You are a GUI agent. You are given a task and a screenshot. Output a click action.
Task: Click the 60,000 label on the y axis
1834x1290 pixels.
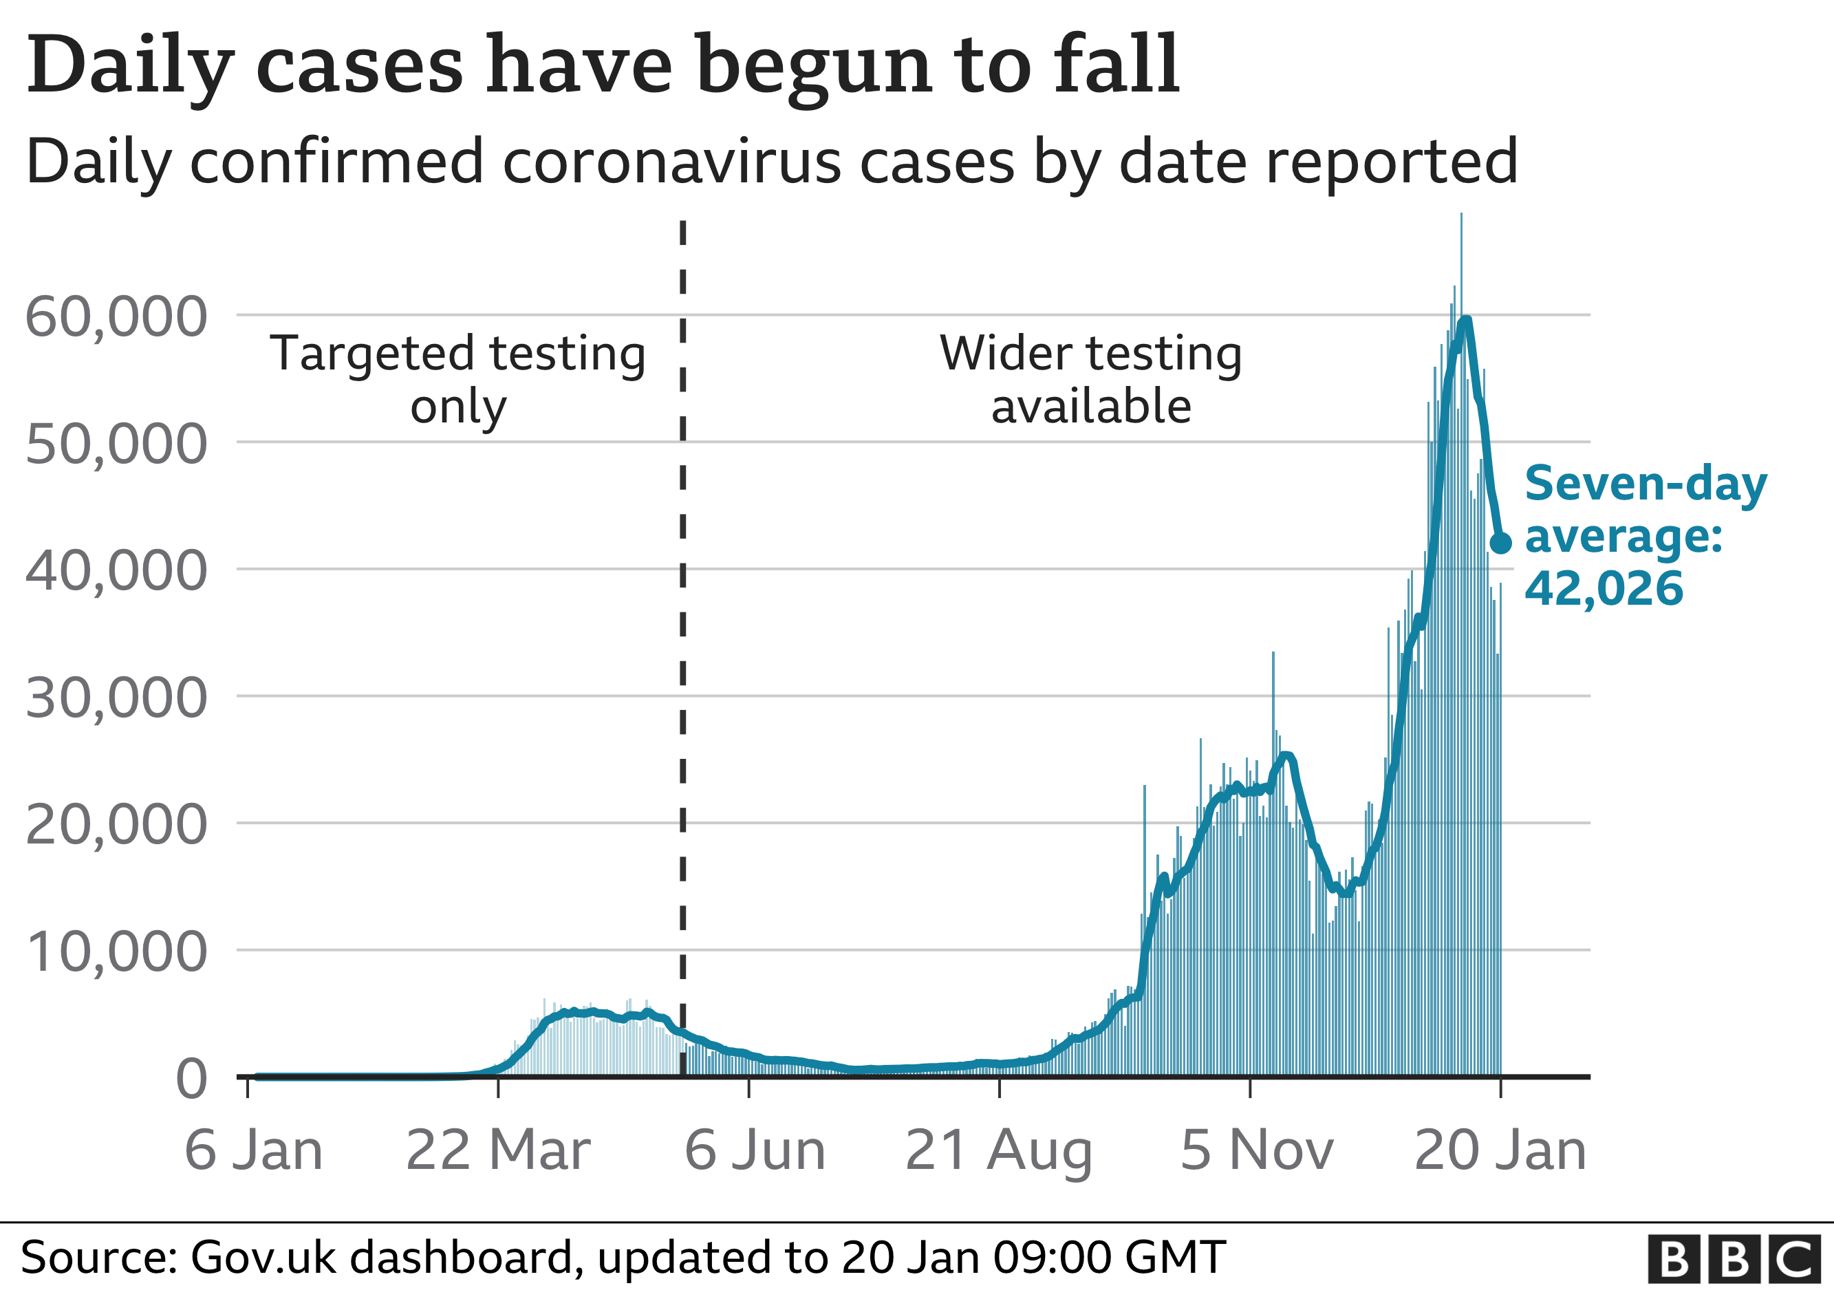pos(117,318)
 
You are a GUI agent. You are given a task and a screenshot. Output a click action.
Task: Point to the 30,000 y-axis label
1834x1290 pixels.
pos(117,699)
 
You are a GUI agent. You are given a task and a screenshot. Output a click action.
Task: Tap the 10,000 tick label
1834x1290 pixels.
pos(117,953)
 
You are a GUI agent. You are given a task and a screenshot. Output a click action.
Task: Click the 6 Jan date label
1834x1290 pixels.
pos(254,1151)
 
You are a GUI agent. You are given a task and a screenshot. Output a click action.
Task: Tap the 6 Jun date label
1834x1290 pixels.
pos(755,1151)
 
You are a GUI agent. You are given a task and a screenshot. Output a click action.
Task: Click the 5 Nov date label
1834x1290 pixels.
pos(1256,1151)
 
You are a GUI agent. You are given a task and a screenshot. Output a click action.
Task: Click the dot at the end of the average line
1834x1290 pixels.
pos(1501,543)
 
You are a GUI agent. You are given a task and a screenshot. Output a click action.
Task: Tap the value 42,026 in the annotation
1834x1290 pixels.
pos(1604,589)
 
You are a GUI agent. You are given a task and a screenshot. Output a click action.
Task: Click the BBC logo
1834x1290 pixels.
pos(1734,1260)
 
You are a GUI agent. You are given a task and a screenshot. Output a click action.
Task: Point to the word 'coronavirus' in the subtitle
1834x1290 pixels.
pos(671,162)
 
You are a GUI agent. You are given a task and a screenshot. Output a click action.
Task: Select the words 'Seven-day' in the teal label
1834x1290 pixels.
pos(1646,484)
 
